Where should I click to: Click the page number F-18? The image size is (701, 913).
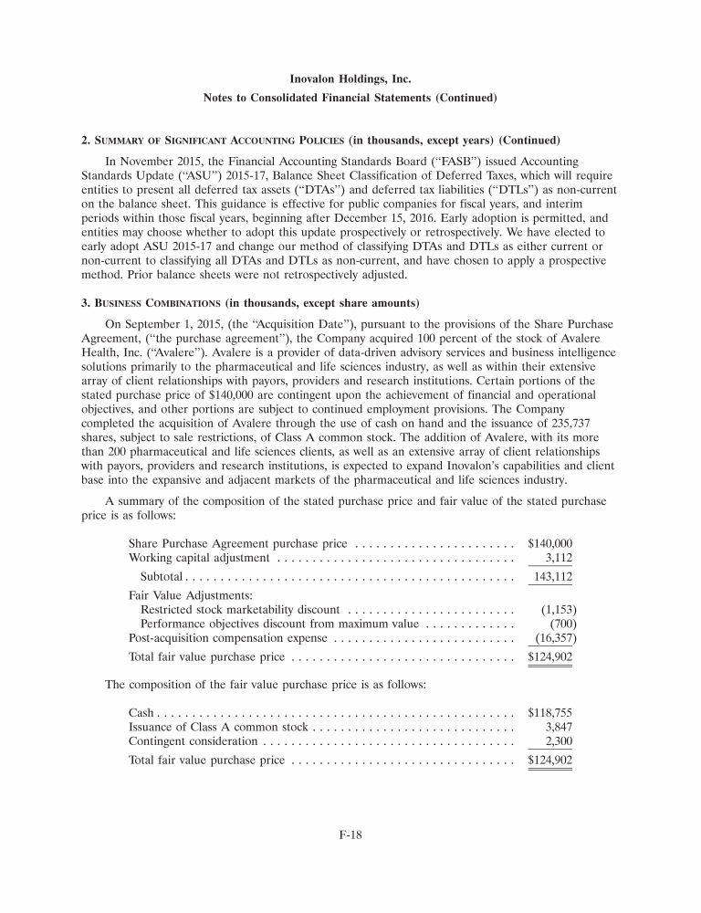coord(350,832)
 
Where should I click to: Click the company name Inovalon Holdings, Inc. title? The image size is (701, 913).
coord(350,79)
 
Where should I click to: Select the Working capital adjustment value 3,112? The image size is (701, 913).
coord(559,557)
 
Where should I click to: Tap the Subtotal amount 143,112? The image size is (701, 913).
coord(552,577)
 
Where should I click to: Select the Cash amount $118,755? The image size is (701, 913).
coord(549,710)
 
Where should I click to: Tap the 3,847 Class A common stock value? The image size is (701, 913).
coord(559,727)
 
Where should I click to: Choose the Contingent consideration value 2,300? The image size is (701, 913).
coord(559,742)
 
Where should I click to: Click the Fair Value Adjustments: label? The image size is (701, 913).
coord(183,594)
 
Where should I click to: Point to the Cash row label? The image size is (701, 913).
coord(142,710)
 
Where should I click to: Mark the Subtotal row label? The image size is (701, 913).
coord(162,577)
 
